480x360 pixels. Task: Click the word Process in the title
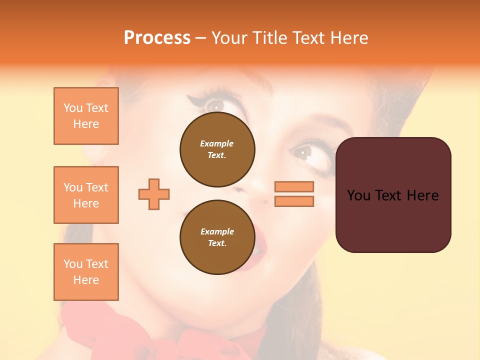pos(157,38)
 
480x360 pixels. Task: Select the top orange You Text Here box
pos(86,116)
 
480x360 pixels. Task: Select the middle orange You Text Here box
pos(86,195)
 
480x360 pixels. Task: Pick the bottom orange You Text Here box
pos(86,272)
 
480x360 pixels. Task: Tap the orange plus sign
pos(154,194)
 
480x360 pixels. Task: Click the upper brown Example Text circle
pos(217,149)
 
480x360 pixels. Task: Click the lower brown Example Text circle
pos(217,237)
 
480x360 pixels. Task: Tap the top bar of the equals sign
pos(294,186)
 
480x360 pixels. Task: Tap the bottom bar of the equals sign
pos(294,201)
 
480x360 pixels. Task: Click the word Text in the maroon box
pos(393,195)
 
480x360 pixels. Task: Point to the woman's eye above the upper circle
pos(215,106)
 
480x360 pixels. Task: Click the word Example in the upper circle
pos(216,143)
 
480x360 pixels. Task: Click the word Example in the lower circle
pos(217,231)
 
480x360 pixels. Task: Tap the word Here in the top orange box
pos(86,124)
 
